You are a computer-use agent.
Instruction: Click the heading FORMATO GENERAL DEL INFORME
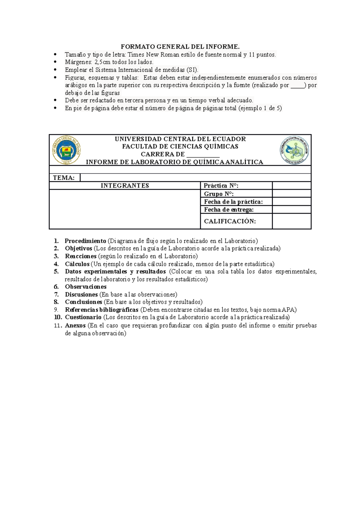(180, 46)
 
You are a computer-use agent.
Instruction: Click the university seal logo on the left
(66, 150)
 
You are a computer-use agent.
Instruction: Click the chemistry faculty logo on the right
(295, 150)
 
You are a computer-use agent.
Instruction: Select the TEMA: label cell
(64, 178)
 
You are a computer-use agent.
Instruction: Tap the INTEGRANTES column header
(125, 186)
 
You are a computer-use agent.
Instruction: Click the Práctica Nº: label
(221, 186)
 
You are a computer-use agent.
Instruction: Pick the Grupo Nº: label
(219, 194)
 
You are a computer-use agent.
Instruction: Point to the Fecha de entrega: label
(229, 210)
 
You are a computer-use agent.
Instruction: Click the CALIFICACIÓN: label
(230, 221)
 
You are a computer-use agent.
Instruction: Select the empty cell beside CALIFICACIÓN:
(292, 221)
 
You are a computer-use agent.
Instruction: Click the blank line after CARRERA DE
(203, 155)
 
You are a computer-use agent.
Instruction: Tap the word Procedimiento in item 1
(85, 241)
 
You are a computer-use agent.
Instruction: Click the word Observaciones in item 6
(86, 287)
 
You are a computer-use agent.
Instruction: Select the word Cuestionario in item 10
(83, 317)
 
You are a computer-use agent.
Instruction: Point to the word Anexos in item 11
(75, 325)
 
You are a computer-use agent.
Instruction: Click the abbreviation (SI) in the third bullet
(192, 70)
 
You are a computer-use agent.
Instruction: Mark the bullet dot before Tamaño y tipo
(55, 55)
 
